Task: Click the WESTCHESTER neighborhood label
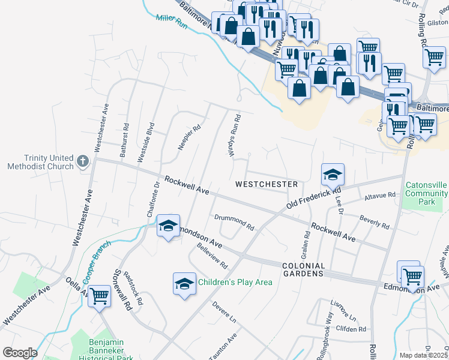pos(267,184)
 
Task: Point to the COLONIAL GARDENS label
pos(303,269)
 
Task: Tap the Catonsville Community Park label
pos(426,194)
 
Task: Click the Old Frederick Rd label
pos(309,198)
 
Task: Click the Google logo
pos(20,353)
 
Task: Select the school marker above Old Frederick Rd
pos(333,174)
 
